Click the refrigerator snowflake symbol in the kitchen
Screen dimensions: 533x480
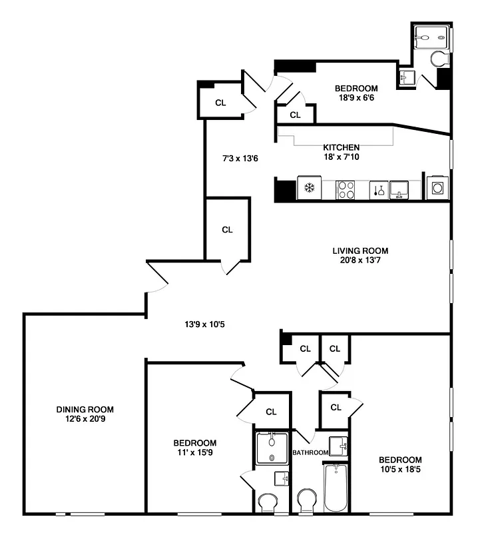coord(309,189)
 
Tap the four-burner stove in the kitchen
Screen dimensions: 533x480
coord(345,189)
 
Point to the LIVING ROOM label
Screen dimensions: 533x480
coord(360,251)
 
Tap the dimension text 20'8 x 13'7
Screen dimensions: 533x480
coord(360,261)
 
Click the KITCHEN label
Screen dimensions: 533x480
coord(342,147)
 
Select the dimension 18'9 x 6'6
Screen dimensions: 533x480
coord(356,98)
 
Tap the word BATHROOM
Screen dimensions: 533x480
coord(310,453)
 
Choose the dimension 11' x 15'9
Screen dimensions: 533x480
coord(195,453)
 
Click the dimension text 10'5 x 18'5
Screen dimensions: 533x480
coord(400,470)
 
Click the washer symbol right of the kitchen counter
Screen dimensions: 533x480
coord(437,189)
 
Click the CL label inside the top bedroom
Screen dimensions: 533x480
coord(296,115)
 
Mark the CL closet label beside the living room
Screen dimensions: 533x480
coord(227,229)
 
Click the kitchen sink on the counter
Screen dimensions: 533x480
coord(399,189)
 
